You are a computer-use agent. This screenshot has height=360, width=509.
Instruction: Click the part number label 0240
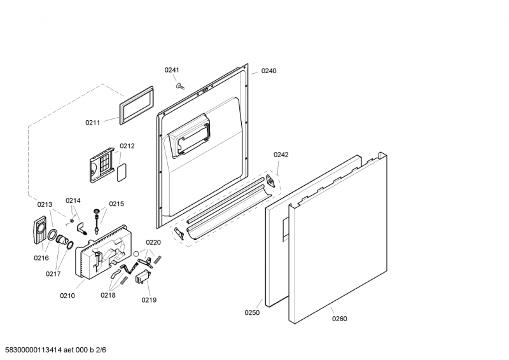(x=268, y=71)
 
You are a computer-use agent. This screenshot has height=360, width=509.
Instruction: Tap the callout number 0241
(x=172, y=70)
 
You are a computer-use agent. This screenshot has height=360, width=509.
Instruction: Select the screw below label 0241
(x=179, y=86)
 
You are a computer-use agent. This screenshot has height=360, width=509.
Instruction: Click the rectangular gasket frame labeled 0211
(x=136, y=105)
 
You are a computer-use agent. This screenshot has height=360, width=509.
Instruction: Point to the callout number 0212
(x=127, y=146)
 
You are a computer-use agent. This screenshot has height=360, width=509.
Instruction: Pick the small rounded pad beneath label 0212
(x=122, y=172)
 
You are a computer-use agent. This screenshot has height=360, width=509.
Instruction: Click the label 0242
(x=281, y=155)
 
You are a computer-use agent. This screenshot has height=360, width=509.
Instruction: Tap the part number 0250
(x=252, y=312)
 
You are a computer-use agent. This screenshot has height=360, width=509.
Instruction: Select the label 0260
(x=340, y=319)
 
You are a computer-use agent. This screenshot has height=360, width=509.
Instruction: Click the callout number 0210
(x=67, y=295)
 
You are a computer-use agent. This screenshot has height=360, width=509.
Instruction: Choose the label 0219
(x=149, y=300)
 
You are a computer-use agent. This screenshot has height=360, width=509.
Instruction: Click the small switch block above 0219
(x=143, y=278)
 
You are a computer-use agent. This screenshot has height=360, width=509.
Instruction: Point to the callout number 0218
(x=108, y=295)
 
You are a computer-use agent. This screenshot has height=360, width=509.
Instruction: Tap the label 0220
(x=153, y=242)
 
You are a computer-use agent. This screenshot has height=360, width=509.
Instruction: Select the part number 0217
(x=53, y=273)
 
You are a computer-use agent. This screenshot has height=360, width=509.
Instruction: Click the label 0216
(x=41, y=258)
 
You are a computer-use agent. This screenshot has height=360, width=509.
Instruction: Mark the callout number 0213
(x=45, y=205)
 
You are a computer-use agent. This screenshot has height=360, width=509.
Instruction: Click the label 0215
(x=116, y=204)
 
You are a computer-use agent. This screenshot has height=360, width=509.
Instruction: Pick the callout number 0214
(x=73, y=200)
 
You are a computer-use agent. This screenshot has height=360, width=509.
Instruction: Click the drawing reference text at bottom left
(x=55, y=350)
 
